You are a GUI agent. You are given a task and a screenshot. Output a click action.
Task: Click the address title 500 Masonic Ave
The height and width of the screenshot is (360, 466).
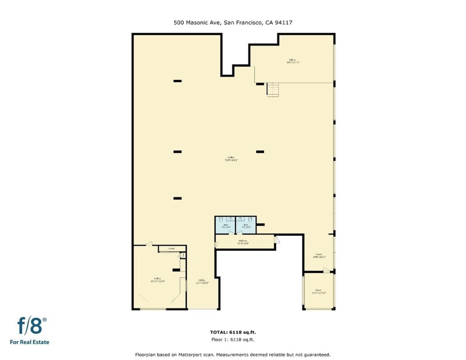197,23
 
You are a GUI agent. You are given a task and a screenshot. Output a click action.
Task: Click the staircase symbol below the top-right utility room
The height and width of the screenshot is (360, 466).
272,89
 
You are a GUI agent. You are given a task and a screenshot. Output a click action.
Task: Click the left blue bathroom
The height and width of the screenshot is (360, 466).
225,225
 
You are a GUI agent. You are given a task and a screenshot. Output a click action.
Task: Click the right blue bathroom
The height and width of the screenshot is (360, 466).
245,225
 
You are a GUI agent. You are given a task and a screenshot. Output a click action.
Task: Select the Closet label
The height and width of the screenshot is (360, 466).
171,249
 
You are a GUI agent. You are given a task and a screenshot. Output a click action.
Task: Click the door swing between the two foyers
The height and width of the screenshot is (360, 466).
327,270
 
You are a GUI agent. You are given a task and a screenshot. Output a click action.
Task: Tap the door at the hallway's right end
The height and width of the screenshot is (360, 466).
277,240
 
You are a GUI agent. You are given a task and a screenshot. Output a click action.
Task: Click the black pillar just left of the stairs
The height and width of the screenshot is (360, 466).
260,84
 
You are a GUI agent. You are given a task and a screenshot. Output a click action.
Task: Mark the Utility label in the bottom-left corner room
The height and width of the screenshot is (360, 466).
158,279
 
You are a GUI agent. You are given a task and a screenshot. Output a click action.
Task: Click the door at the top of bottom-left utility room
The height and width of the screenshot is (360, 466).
148,244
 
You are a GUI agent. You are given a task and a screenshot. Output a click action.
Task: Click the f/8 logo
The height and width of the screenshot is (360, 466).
32,324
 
